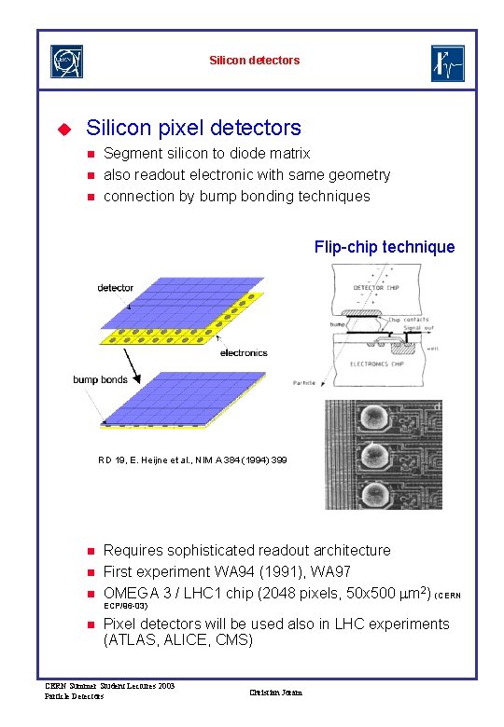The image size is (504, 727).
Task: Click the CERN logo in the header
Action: coord(66,61)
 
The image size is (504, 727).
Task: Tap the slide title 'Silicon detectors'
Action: coord(255,61)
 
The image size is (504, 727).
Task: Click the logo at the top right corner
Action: coord(447,63)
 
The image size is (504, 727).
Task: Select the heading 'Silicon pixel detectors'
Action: coord(193,128)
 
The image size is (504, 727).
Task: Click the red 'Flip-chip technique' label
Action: coord(385,247)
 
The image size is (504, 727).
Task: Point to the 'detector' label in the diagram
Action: coord(115,288)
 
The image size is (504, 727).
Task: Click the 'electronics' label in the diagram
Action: coord(243,353)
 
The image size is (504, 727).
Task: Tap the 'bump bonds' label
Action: coord(100,379)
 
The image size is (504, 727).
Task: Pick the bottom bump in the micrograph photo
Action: coord(377,492)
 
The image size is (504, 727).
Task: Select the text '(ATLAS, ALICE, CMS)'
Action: coord(178,640)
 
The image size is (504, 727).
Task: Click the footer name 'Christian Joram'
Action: coord(276,692)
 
